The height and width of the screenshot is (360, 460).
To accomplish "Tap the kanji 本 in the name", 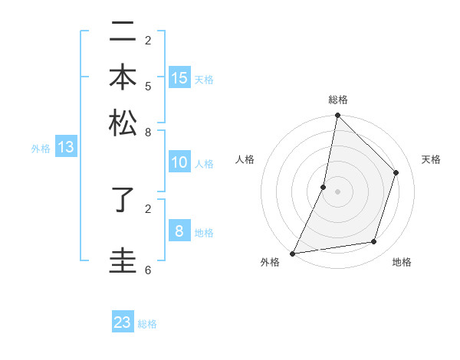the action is point(123,79).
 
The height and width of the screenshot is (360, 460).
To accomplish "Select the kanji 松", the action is point(123,123).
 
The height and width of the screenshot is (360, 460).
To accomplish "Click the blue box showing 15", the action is point(179,77).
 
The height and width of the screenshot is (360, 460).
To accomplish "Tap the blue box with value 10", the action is point(179,162).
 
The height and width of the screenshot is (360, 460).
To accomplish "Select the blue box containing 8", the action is point(179,231).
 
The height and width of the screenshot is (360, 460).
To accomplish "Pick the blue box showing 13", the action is point(65,148).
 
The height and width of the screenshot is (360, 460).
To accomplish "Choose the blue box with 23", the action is point(123,322).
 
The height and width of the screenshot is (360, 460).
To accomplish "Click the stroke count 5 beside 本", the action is point(148,86).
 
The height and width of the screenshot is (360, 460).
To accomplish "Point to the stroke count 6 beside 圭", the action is point(148,270).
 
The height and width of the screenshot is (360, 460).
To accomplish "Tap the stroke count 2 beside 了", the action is point(148,208).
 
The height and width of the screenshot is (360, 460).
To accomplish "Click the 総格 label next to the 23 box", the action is point(148,324).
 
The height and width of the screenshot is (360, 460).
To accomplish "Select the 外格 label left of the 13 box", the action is point(40,149).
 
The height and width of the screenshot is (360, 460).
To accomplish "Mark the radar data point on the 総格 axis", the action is point(337,116).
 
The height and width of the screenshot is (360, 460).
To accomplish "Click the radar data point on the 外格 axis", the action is point(293,253).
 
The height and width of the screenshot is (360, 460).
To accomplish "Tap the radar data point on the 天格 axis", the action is point(396,172).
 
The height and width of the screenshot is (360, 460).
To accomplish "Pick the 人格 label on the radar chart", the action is point(245,159).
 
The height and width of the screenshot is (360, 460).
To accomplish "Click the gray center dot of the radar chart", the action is point(337,191).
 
